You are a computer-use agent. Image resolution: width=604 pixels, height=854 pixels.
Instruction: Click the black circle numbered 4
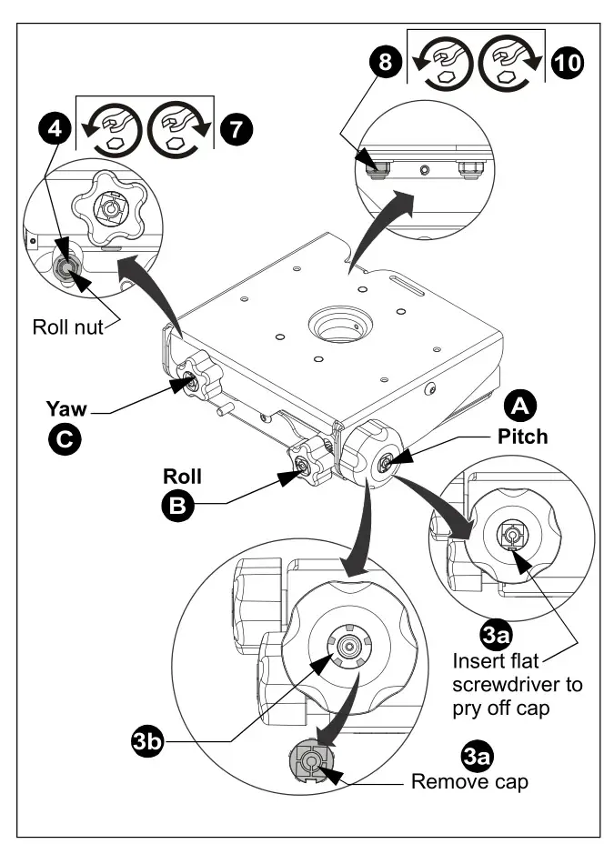click(56, 127)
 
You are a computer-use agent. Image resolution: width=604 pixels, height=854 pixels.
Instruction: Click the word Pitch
click(522, 436)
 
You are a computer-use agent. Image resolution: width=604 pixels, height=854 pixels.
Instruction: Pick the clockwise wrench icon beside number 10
click(511, 62)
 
